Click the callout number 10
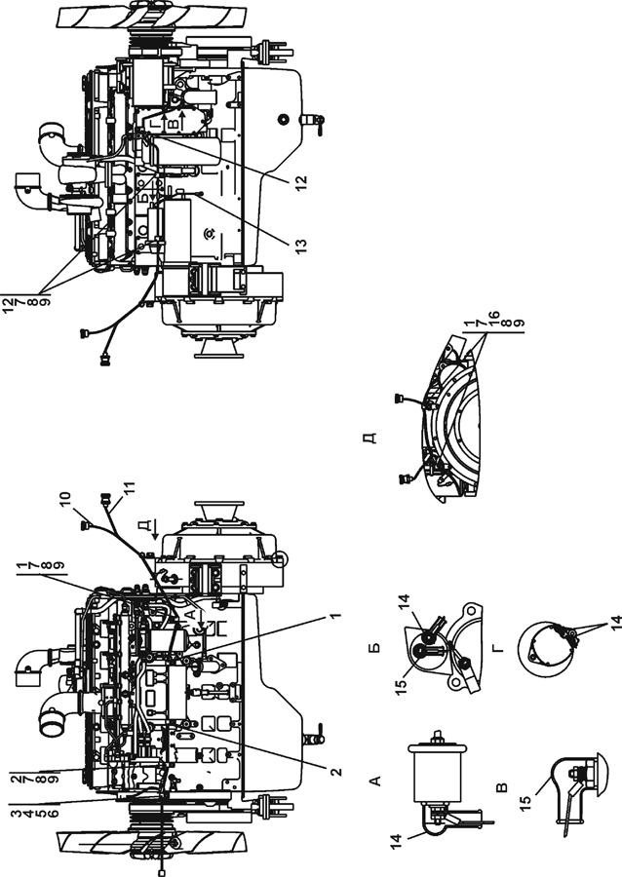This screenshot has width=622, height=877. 65,500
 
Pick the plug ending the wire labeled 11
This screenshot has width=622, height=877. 104,498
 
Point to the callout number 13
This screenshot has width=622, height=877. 301,245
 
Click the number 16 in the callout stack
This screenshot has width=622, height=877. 493,317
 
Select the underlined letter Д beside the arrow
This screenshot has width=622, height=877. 145,524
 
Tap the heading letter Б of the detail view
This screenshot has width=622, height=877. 375,647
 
